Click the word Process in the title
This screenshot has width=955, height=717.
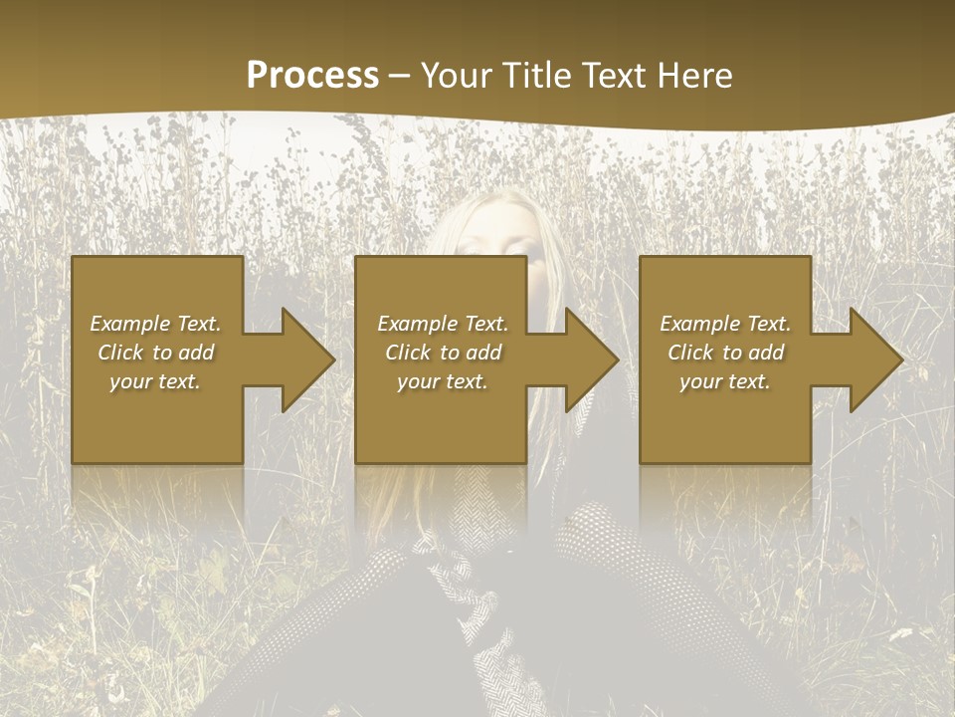[x=312, y=76]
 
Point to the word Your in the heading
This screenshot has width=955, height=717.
[x=455, y=76]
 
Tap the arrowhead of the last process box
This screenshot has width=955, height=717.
[x=874, y=359]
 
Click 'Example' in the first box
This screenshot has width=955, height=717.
[x=130, y=324]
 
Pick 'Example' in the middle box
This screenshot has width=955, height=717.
[x=418, y=324]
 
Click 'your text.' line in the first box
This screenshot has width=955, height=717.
[x=155, y=381]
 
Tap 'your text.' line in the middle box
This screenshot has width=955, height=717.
[x=442, y=381]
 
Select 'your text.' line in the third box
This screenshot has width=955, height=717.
[x=724, y=381]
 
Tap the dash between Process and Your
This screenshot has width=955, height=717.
[x=400, y=77]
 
